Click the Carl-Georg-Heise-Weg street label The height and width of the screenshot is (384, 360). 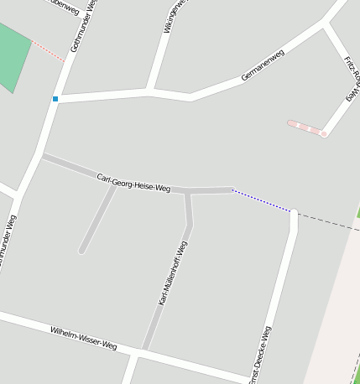tap(133, 184)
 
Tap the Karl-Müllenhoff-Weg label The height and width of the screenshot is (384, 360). tap(172, 272)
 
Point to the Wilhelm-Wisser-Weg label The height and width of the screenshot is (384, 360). tap(83, 338)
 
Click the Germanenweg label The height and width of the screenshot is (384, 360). tap(263, 65)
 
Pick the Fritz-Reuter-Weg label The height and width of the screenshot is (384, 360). tap(352, 80)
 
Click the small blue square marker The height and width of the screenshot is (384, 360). tap(55, 99)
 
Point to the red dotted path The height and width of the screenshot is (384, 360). tap(49, 51)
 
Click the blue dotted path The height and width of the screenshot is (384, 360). tap(261, 200)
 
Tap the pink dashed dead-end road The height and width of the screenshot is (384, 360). tap(305, 128)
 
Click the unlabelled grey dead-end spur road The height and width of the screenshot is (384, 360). tap(97, 218)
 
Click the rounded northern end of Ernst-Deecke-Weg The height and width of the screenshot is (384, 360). tap(294, 215)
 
